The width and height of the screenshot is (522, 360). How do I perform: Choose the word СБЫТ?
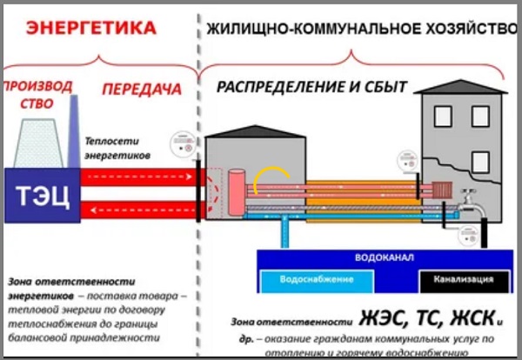[387, 87]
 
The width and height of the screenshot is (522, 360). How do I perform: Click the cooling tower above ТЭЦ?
[38, 139]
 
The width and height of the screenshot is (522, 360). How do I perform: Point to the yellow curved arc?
[270, 174]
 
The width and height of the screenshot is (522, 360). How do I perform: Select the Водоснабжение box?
[316, 280]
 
